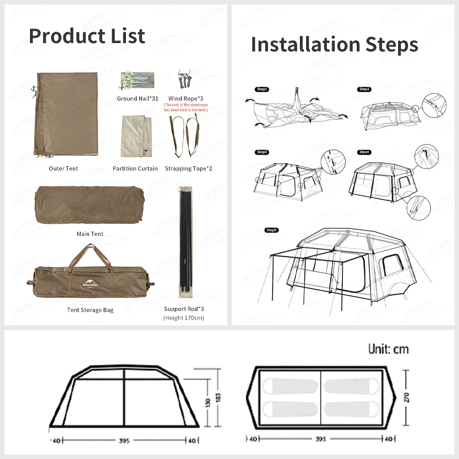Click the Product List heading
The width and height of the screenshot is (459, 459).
pos(87,36)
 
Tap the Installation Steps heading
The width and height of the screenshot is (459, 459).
pos(334,44)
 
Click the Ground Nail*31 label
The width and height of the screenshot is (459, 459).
pos(138,98)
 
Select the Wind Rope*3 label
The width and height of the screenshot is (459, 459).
pos(186,98)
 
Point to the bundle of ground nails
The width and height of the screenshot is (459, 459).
pos(136,80)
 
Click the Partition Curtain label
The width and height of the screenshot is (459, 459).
pos(135,169)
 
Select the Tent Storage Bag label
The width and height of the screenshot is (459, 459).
pos(90,310)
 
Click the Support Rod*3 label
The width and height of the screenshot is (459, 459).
pos(184,309)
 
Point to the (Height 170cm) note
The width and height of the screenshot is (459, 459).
pos(184,318)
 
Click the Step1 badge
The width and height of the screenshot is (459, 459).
pos(261,89)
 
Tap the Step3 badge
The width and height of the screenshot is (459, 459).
pos(262,152)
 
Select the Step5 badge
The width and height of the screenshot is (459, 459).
pos(272,230)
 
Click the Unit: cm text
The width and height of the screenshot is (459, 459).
pos(388,349)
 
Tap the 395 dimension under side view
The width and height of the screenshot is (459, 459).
pos(124,441)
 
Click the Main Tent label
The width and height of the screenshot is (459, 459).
pos(90,234)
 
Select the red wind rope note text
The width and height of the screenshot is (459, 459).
pos(186,107)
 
